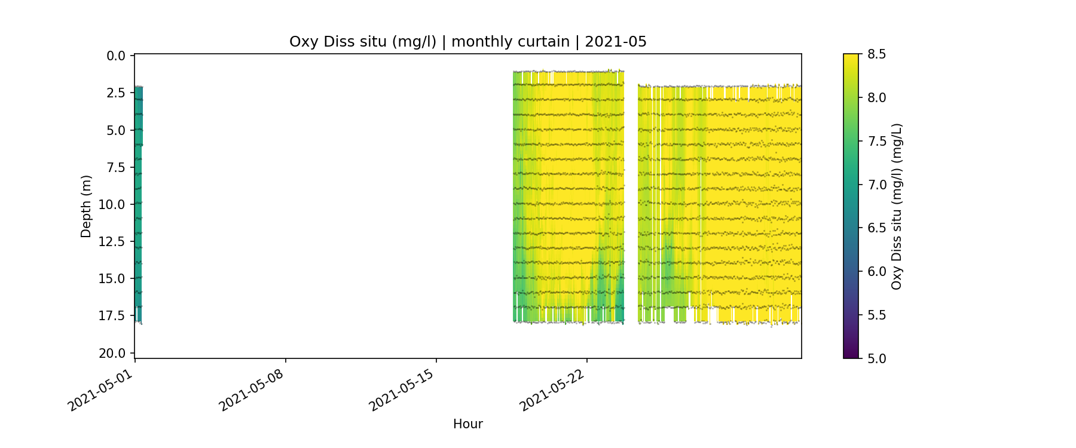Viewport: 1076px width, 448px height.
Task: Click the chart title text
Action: pos(467,42)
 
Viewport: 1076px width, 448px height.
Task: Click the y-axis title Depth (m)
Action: pos(86,206)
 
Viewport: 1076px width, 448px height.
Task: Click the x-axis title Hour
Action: pos(467,424)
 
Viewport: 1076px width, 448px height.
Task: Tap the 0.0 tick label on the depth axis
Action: pos(116,56)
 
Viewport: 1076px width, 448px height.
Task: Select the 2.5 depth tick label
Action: pos(116,93)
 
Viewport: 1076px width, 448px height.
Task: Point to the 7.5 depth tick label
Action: pos(116,167)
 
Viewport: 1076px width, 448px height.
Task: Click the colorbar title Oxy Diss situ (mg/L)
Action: pos(896,206)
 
